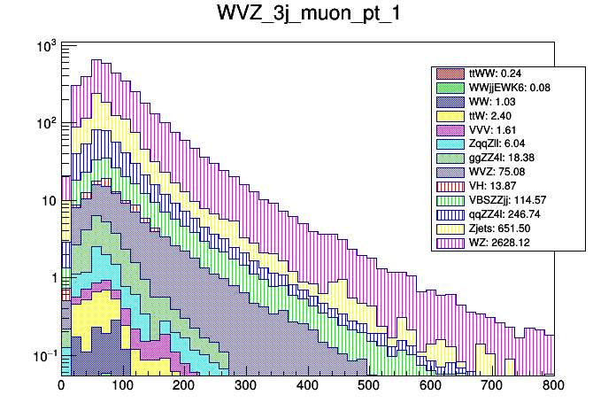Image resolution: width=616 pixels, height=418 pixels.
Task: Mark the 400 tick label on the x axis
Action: pyautogui.click(x=370, y=386)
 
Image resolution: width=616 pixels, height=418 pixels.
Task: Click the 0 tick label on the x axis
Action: pyautogui.click(x=61, y=386)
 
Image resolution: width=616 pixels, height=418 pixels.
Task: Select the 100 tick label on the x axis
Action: pyautogui.click(x=123, y=386)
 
